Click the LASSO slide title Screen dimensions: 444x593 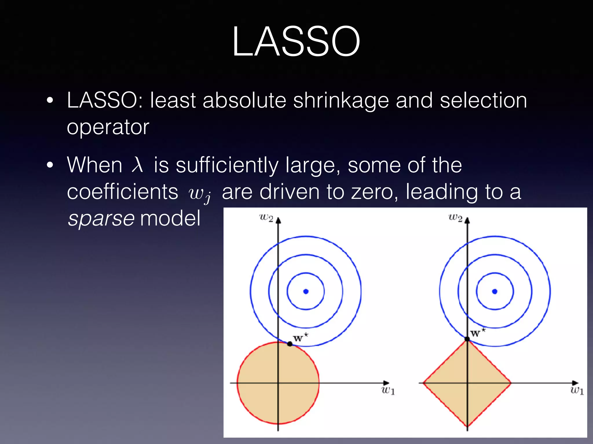[x=296, y=41]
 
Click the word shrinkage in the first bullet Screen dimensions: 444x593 [x=341, y=101]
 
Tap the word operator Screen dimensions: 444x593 [x=108, y=127]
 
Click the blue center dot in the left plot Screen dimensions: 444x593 [x=306, y=291]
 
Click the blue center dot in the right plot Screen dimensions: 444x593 [x=495, y=291]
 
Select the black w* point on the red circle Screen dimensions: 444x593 [x=290, y=344]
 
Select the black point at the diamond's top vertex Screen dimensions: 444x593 [x=467, y=339]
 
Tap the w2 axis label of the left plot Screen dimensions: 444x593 [x=266, y=218]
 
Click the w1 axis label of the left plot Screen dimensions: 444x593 [x=388, y=391]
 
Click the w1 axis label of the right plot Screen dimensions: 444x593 [x=577, y=391]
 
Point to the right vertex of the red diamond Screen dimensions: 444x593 [x=511, y=383]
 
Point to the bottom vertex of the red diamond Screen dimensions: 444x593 [x=467, y=426]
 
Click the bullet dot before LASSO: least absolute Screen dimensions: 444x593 [x=50, y=101]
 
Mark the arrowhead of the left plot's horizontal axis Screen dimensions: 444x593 [x=386, y=383]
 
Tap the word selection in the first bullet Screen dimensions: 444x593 [x=483, y=101]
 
